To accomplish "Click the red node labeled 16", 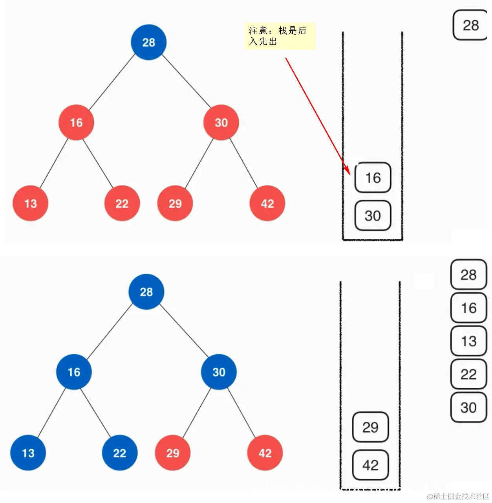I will click(76, 122).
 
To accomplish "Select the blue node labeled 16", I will click(74, 372).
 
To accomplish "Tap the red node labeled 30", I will click(221, 122).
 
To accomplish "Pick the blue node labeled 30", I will click(219, 372).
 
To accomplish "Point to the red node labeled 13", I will click(30, 203).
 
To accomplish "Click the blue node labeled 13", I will click(28, 453).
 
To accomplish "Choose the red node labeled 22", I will click(122, 203).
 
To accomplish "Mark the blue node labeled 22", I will click(119, 453).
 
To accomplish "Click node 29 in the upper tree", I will click(175, 203).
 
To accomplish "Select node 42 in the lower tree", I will click(265, 453).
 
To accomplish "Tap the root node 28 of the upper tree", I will click(148, 42).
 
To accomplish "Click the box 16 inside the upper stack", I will click(373, 178).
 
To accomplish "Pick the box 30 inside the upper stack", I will click(373, 215).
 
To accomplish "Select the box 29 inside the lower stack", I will click(370, 427).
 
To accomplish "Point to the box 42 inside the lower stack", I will click(370, 465).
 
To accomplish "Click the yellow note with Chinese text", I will click(280, 36).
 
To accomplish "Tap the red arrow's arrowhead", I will click(347, 170).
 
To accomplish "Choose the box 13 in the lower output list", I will click(468, 341).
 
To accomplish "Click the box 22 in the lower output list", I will click(468, 374).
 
